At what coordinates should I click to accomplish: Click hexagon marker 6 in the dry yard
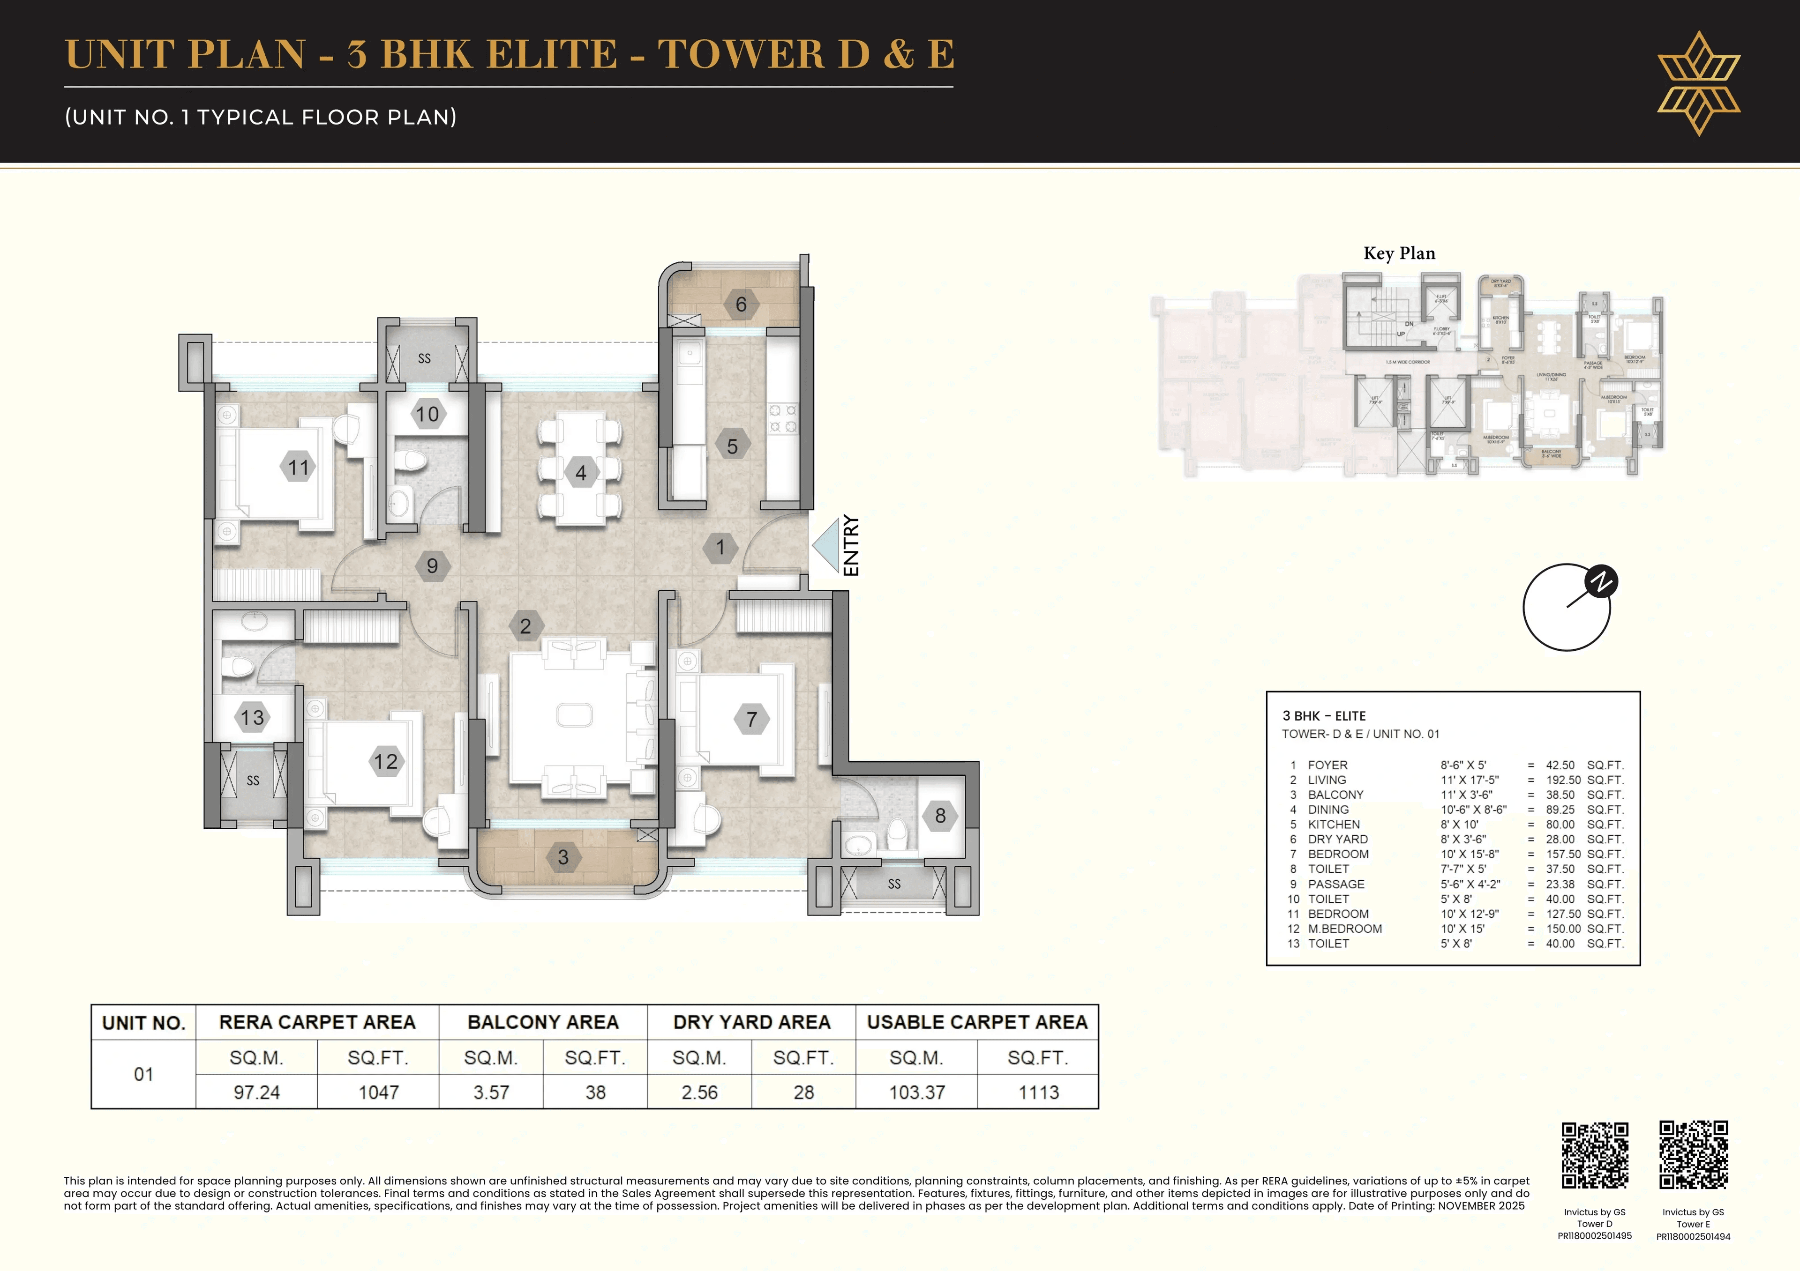741,304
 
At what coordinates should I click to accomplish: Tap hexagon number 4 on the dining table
580,473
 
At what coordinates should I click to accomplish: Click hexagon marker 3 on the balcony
563,857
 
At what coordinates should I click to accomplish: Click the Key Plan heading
1399,253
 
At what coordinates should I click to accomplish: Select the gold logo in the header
1698,83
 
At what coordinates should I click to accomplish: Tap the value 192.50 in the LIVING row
1560,780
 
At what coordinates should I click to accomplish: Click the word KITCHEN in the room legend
1334,825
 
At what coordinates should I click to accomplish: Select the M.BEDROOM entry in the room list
1344,929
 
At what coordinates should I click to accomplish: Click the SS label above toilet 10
424,358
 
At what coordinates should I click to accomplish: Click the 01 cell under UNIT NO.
143,1074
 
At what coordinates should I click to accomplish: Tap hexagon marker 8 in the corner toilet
940,816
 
